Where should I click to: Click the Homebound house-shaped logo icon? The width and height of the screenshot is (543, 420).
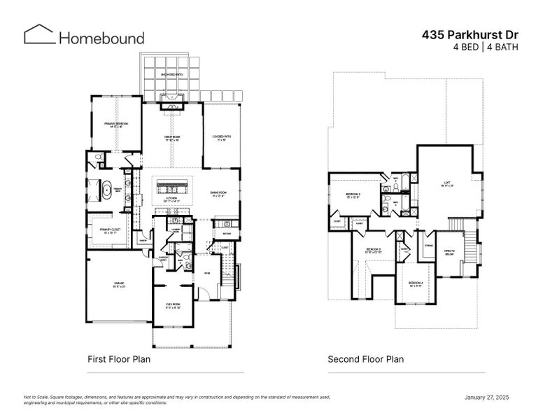click(x=39, y=35)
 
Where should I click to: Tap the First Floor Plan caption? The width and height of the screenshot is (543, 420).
click(x=119, y=359)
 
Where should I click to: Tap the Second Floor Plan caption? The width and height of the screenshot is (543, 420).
click(x=366, y=359)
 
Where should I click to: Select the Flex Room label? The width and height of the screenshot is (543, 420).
click(x=174, y=305)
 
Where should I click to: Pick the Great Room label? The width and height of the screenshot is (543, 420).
click(x=172, y=138)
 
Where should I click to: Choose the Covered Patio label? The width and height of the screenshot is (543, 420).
click(x=222, y=138)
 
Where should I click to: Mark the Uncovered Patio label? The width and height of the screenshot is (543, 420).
click(x=171, y=73)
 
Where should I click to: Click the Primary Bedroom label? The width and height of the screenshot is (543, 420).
click(x=117, y=125)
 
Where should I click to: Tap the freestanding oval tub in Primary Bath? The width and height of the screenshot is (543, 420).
click(x=108, y=190)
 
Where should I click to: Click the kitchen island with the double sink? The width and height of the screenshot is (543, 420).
click(x=172, y=187)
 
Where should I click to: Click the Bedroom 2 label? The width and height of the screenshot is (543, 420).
click(x=353, y=195)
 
